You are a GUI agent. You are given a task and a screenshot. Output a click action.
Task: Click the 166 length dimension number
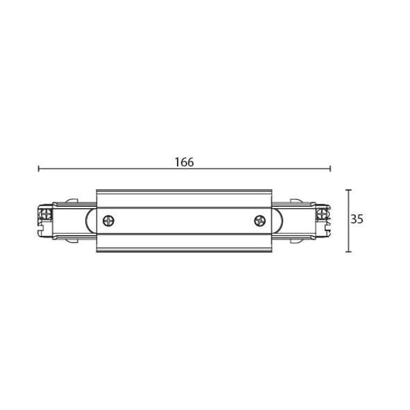pyautogui.click(x=184, y=162)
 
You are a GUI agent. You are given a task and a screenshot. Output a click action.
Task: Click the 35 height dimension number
pyautogui.click(x=357, y=219)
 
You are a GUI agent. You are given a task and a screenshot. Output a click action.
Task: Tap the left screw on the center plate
pyautogui.click(x=108, y=221)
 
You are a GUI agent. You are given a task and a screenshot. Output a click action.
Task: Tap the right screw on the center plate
pyautogui.click(x=260, y=221)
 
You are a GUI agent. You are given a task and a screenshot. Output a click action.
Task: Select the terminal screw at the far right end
pyautogui.click(x=322, y=214)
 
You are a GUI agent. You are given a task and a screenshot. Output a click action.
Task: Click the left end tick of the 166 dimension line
pyautogui.click(x=39, y=169)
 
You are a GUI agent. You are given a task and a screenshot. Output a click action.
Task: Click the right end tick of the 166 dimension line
pyautogui.click(x=330, y=169)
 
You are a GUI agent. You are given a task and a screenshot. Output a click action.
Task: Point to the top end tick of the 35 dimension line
pyautogui.click(x=348, y=189)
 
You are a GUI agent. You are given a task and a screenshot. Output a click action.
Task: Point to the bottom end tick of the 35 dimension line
pyautogui.click(x=348, y=252)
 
